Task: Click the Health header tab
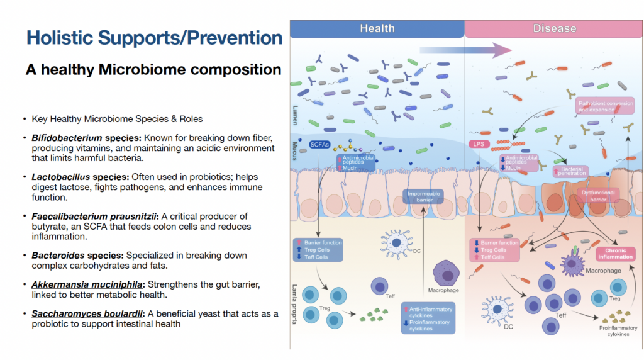pyautogui.click(x=377, y=28)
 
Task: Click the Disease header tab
pyautogui.click(x=554, y=28)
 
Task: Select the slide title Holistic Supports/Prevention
pyautogui.click(x=154, y=38)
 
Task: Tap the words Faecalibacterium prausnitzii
pyautogui.click(x=89, y=216)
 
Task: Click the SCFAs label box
pyautogui.click(x=319, y=145)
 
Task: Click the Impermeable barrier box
pyautogui.click(x=424, y=196)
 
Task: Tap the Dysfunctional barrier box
pyautogui.click(x=594, y=196)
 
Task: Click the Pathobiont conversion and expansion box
pyautogui.click(x=605, y=106)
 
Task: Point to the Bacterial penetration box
pyautogui.click(x=570, y=171)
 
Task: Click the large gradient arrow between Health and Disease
pyautogui.click(x=457, y=50)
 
